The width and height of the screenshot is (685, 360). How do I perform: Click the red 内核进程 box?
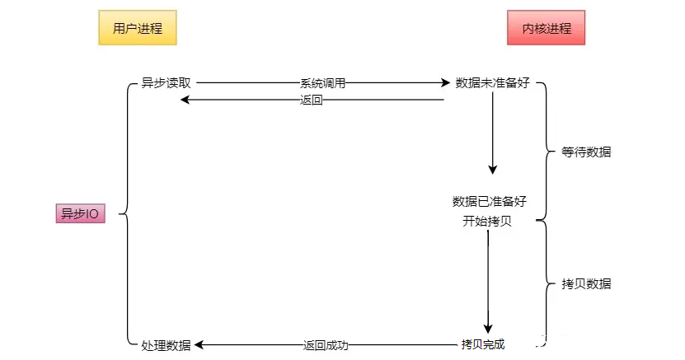pyautogui.click(x=546, y=29)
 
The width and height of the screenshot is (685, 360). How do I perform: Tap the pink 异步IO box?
pyautogui.click(x=80, y=214)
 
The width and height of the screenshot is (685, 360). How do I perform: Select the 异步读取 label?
pyautogui.click(x=166, y=83)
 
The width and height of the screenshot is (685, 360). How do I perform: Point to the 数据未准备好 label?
pyautogui.click(x=492, y=83)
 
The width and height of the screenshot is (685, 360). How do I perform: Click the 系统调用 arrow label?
pyautogui.click(x=322, y=83)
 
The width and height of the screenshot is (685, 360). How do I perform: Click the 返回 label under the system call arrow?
pyautogui.click(x=312, y=100)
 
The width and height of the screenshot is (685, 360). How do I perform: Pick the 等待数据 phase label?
pyautogui.click(x=586, y=152)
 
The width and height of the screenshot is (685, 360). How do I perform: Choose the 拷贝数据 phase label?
pyautogui.click(x=586, y=283)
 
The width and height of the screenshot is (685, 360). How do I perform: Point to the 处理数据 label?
pyautogui.click(x=166, y=345)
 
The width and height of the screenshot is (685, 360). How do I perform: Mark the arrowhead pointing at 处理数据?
pyautogui.click(x=199, y=344)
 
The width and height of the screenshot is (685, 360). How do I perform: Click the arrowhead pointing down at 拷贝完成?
pyautogui.click(x=488, y=328)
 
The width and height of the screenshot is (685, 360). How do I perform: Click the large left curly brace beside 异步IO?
pyautogui.click(x=124, y=214)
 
